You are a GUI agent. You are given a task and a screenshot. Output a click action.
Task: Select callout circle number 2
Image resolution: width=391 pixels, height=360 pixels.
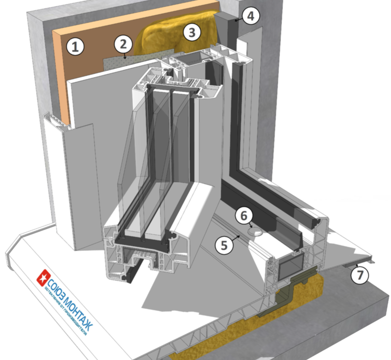pyautogui.click(x=123, y=45)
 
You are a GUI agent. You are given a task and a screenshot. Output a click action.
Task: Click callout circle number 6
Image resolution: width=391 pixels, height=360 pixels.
pyautogui.click(x=244, y=216)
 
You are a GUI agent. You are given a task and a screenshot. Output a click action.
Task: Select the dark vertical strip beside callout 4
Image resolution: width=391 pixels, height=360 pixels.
pyautogui.click(x=234, y=33)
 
